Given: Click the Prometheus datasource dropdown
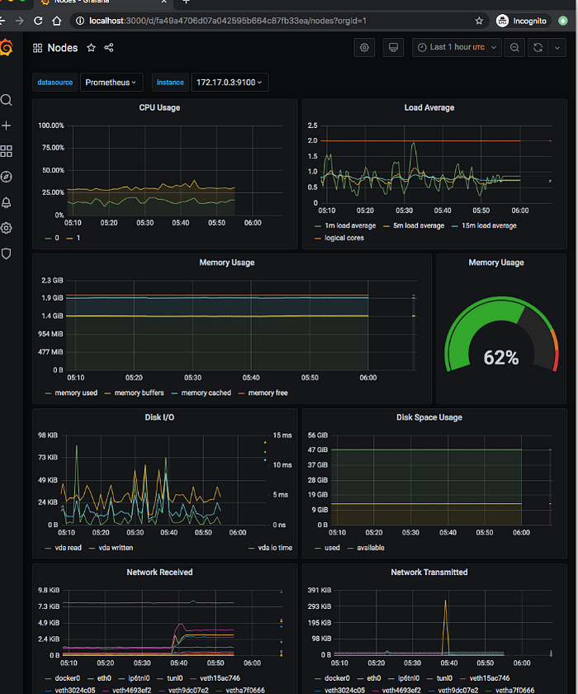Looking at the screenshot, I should point(111,82).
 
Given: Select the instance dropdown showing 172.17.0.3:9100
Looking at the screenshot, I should point(229,82).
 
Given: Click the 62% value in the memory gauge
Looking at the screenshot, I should point(501,358).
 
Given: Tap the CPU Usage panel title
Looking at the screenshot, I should point(159,107).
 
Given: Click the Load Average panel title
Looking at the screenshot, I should point(429,107).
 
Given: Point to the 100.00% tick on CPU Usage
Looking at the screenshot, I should point(51,126).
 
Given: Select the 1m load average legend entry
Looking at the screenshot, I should point(348,226).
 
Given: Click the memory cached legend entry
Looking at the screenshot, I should point(206,393).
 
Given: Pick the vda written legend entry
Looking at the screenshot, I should point(116,548).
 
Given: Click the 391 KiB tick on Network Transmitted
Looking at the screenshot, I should point(318,590).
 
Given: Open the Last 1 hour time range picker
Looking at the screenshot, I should point(457,48).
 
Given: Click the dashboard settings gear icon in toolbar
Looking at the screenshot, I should point(364,48).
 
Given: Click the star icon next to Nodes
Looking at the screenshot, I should point(92,48).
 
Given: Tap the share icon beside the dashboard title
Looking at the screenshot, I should point(109,48).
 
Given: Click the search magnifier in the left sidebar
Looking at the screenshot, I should point(7,100).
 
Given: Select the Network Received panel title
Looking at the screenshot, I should point(159,572).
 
